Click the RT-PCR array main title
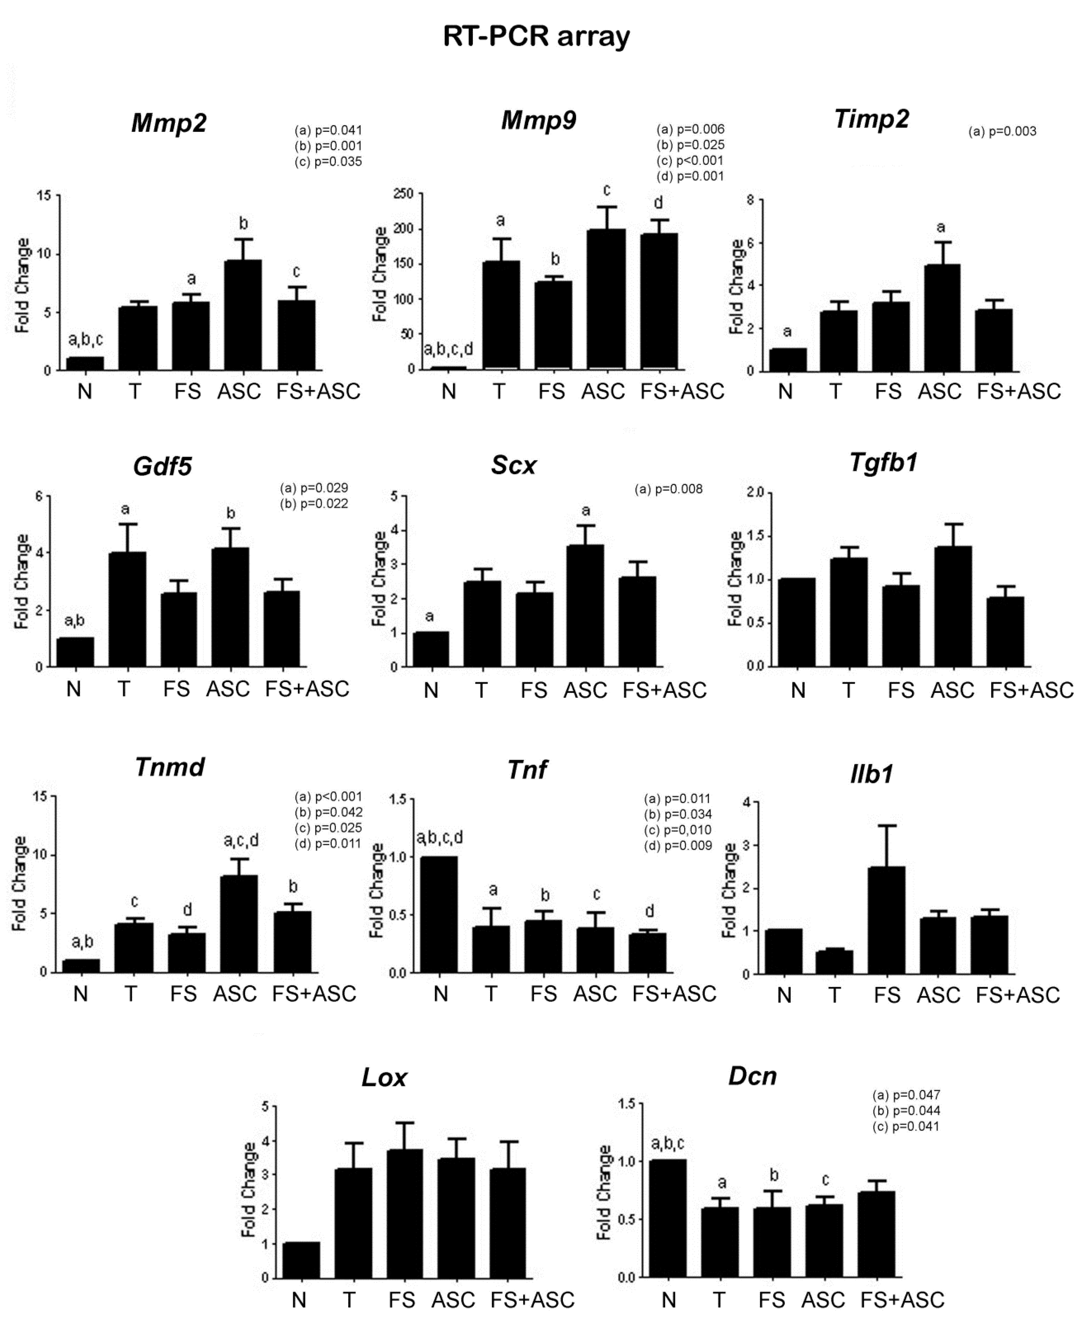(x=536, y=36)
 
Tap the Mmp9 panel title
(x=538, y=120)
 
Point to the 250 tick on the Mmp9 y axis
(x=405, y=194)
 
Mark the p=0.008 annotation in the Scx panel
(x=669, y=490)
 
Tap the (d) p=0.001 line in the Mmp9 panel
(x=690, y=176)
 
